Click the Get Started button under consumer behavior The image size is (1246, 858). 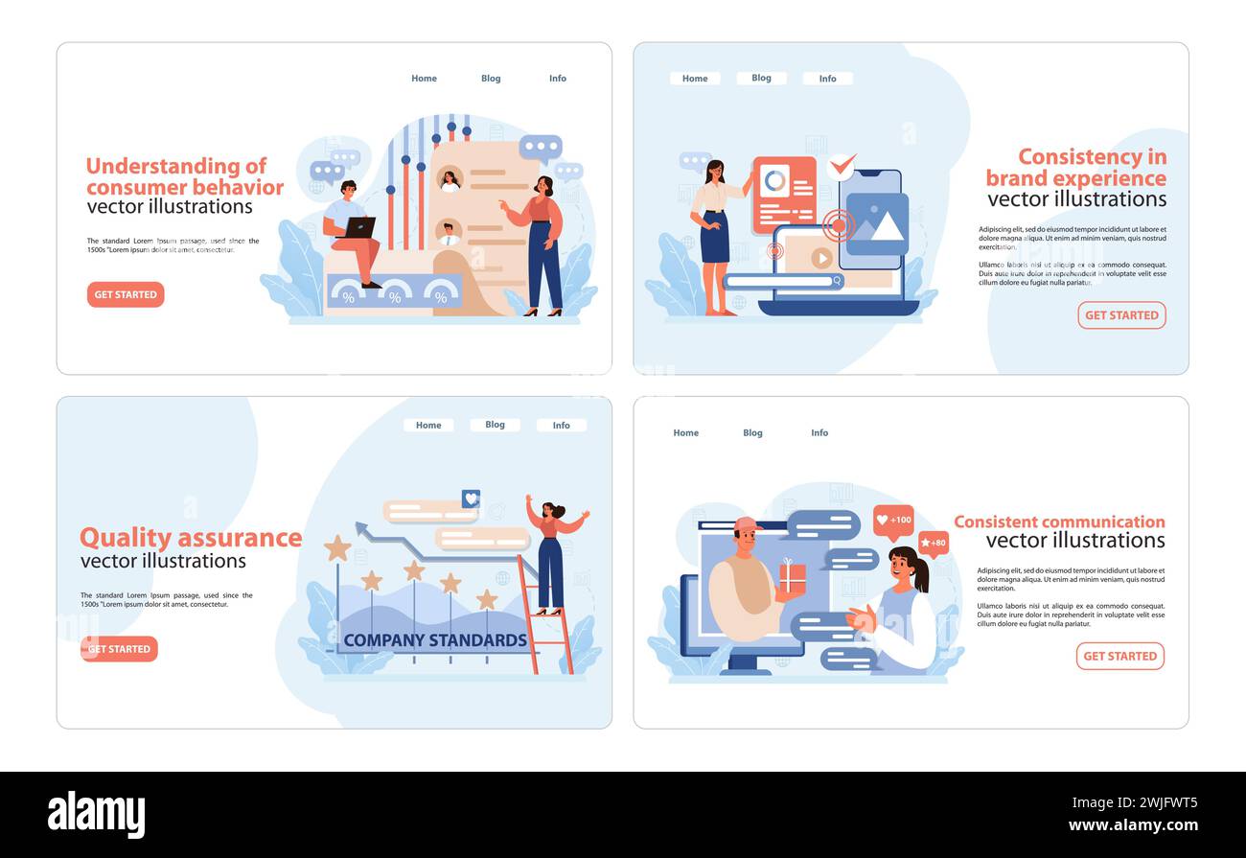[126, 294]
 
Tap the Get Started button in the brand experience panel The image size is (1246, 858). [1121, 315]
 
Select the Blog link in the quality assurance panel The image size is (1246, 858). [495, 425]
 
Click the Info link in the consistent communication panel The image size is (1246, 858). [819, 433]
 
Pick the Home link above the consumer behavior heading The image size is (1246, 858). [424, 79]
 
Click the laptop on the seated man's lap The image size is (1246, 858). [358, 228]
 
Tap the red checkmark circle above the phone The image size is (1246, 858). [841, 167]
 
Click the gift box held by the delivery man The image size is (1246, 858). [792, 576]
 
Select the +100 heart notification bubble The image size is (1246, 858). [893, 521]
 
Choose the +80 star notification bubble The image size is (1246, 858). [933, 544]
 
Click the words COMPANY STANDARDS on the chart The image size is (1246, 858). [435, 640]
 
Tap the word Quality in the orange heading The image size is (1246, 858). [125, 538]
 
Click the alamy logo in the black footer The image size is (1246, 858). [96, 815]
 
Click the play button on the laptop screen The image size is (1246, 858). [821, 258]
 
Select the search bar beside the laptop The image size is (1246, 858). [783, 281]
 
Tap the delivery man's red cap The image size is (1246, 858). [745, 523]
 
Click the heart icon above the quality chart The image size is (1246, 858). [471, 499]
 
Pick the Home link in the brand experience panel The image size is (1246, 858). [695, 79]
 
